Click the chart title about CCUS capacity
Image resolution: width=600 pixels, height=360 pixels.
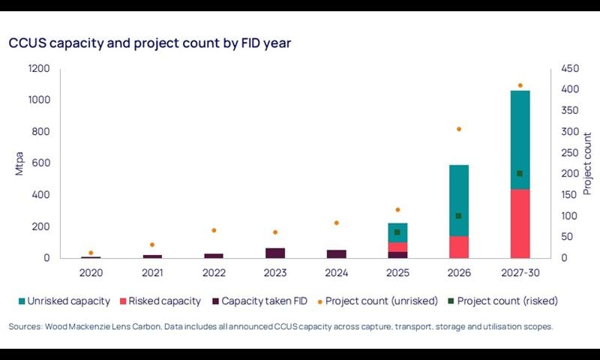[150, 43]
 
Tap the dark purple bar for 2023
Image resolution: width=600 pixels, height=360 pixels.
[275, 253]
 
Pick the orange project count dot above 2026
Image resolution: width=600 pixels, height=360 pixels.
[458, 129]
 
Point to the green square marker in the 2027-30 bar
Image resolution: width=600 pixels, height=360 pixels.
[520, 173]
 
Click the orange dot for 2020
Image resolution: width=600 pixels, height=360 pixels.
[91, 253]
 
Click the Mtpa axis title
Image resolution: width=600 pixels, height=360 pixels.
[19, 163]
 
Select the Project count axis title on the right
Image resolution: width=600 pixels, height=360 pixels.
[588, 163]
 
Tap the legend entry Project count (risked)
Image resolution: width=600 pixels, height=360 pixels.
[514, 301]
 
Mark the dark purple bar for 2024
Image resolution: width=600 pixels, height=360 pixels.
[337, 253]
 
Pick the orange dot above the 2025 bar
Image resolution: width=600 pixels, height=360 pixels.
[397, 209]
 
